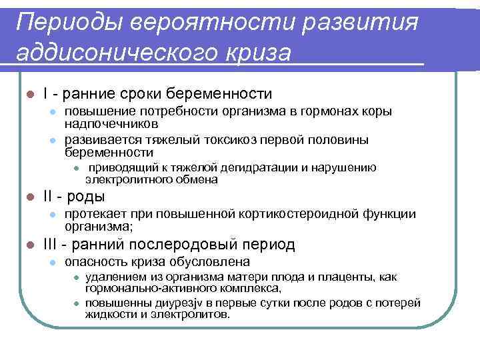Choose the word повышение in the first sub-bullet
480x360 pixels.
(x=97, y=111)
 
